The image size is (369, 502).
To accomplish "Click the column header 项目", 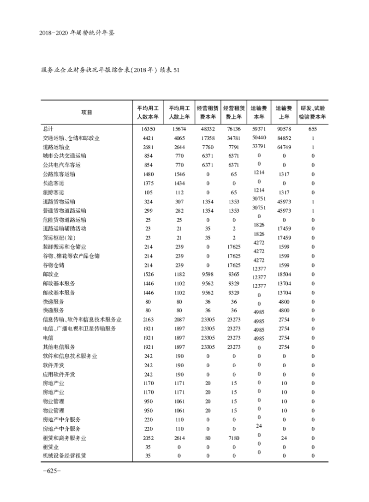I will coord(86,112).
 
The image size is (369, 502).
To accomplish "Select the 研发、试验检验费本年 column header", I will coord(312,112).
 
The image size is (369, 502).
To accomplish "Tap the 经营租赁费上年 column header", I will coord(234,112).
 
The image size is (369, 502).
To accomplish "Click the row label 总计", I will coord(48,129).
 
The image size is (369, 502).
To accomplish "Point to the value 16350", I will coord(152,129).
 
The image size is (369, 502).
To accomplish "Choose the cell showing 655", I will coord(313,129).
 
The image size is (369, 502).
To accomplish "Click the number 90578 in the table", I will coord(284,129).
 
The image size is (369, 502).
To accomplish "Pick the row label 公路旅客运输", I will coord(59,174).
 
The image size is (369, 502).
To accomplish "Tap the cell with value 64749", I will coord(284,147).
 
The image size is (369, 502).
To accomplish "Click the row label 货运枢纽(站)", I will coord(58,238).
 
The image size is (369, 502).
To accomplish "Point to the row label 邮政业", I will coord(51,274).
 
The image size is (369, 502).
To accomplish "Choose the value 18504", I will coord(284,274).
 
